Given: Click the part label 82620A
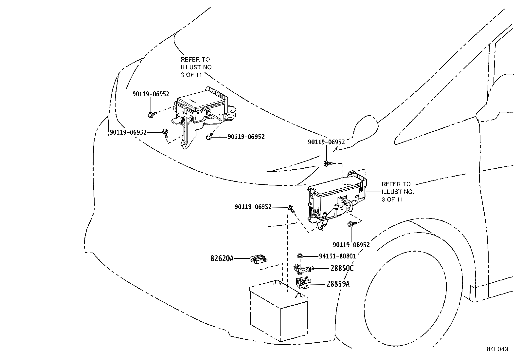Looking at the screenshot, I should (x=222, y=258).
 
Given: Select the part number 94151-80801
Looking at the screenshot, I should (x=337, y=256).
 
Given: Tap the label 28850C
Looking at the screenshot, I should (x=342, y=268).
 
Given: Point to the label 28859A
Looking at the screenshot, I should (x=338, y=284).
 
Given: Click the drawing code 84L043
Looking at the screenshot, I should (x=497, y=349).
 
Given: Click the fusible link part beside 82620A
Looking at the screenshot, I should (x=259, y=259).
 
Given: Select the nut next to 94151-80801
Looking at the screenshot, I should (x=299, y=256).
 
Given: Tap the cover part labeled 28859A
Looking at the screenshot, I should (x=303, y=283).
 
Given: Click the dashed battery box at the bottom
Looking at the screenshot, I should (x=278, y=311).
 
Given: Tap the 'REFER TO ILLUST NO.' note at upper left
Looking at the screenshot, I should (x=196, y=67).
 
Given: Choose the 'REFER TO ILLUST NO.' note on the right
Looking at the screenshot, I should (x=397, y=192).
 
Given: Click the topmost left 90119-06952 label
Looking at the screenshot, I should (x=151, y=94).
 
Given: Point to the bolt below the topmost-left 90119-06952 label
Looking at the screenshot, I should (x=151, y=114).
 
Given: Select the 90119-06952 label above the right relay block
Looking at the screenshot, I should (x=326, y=142).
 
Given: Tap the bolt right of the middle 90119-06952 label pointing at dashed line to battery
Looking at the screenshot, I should (x=291, y=208).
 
